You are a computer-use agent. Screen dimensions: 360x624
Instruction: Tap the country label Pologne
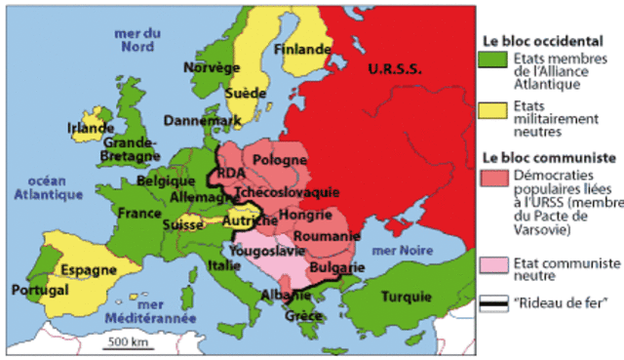click(x=280, y=159)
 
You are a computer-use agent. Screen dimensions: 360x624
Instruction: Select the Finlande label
click(x=302, y=49)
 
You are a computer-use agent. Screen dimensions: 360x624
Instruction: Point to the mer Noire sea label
click(x=403, y=251)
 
